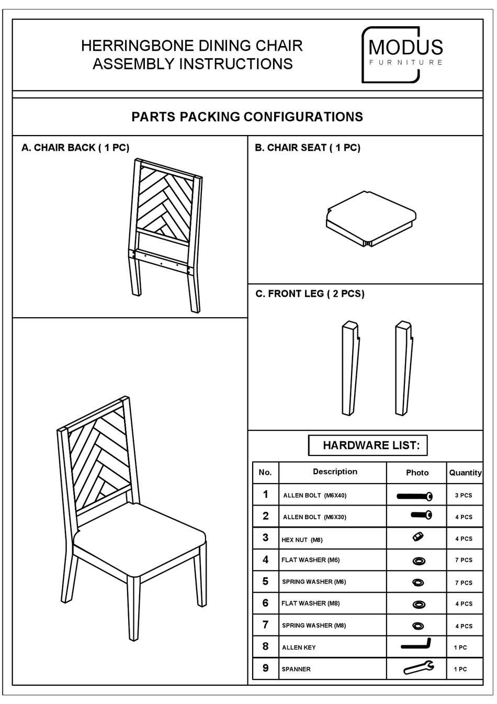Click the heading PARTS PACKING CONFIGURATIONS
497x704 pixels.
247,117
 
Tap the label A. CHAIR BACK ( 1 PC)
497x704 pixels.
75,148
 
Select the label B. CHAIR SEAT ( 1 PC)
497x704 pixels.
308,148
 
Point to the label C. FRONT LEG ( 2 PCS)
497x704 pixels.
310,294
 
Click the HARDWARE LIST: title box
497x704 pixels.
368,445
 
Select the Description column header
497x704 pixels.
335,472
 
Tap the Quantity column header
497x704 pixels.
465,473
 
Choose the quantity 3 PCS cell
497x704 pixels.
464,495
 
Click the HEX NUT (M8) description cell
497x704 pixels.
302,540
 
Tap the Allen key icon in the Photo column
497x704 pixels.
416,644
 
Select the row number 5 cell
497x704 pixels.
265,582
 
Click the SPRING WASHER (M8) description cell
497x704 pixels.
313,625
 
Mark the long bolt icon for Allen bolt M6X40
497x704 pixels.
414,496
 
